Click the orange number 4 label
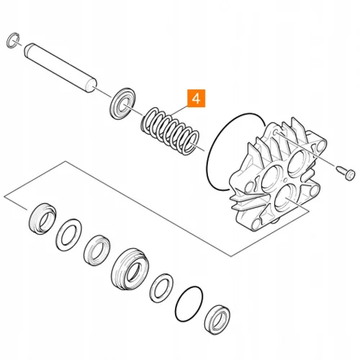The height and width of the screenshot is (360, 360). click(196, 98)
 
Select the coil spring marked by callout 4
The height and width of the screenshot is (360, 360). click(170, 131)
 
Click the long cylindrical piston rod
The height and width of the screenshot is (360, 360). click(60, 68)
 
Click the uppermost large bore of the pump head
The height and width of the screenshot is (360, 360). click(297, 161)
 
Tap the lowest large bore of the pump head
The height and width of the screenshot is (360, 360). click(284, 197)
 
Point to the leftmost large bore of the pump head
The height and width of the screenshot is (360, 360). click(271, 179)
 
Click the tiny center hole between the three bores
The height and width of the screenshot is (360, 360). click(285, 181)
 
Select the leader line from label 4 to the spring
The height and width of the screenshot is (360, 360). click(179, 110)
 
